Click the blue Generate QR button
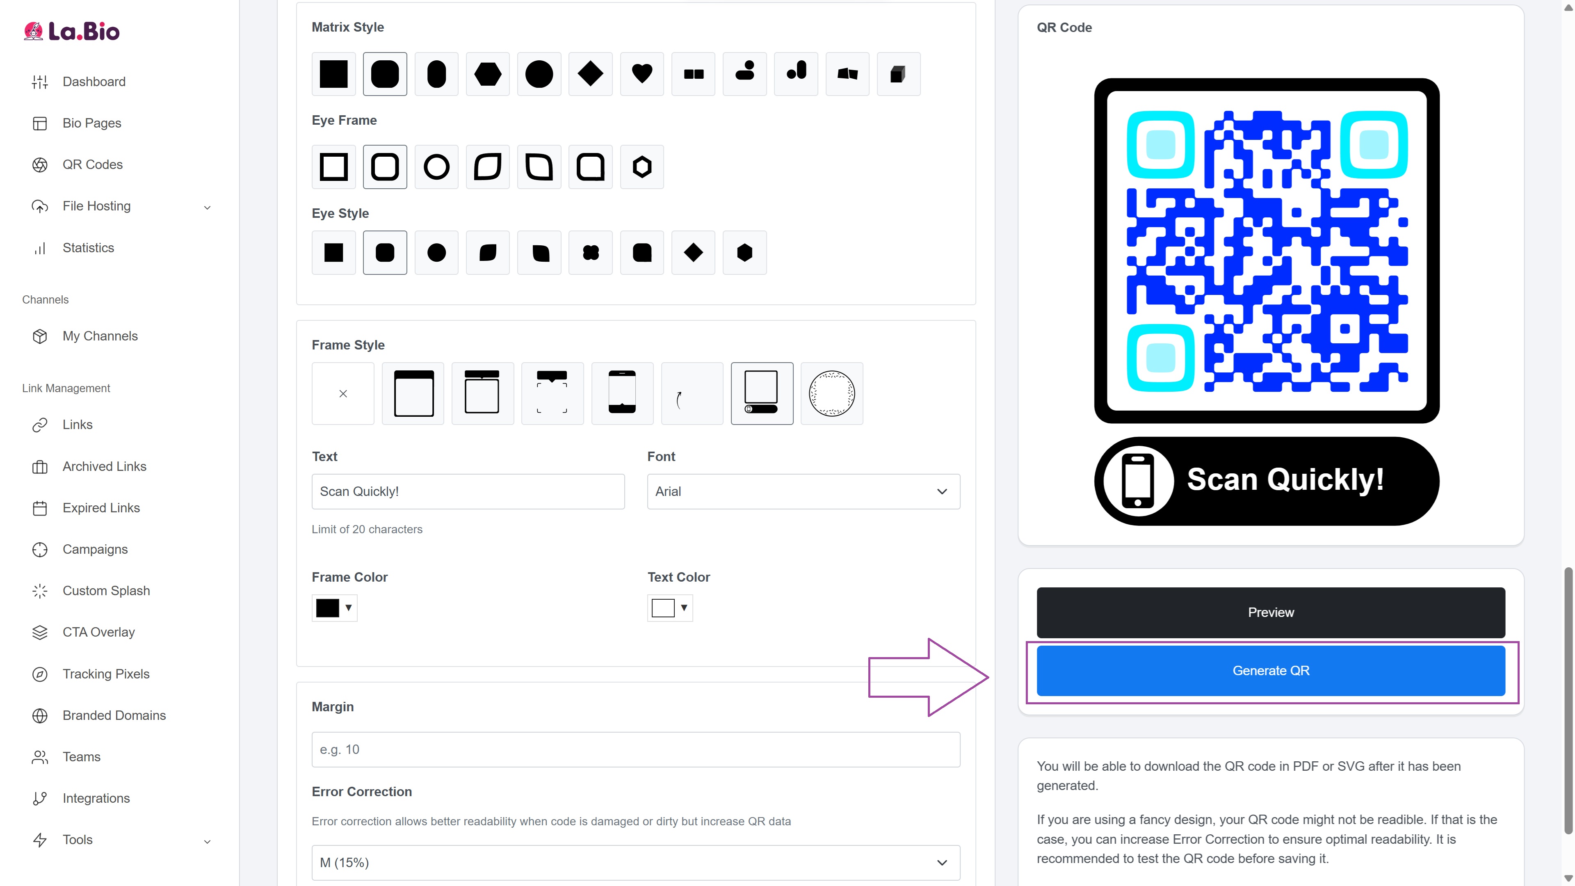pos(1271,671)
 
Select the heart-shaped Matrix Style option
pos(642,74)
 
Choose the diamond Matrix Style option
pos(591,74)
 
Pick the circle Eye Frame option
pos(436,167)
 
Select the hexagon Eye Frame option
pos(642,167)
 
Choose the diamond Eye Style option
pos(693,253)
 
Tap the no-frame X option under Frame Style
pos(343,394)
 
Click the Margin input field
pos(636,750)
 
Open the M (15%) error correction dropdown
pos(636,863)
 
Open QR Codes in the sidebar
pos(92,164)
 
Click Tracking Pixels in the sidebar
pos(106,674)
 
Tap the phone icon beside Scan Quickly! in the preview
pos(1138,481)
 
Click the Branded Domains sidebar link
pos(114,715)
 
